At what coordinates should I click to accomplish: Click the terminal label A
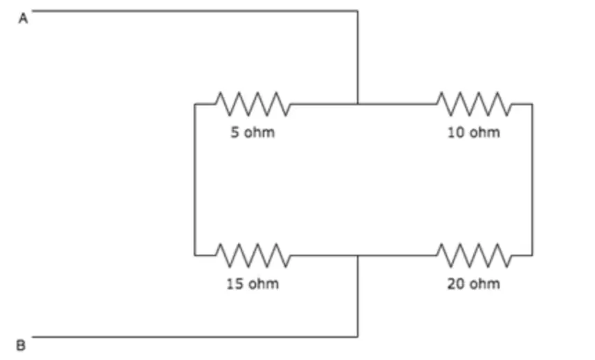pos(23,18)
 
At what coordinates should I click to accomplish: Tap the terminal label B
pos(21,345)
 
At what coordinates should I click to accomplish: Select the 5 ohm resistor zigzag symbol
pos(253,104)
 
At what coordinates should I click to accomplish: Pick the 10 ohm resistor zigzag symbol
pos(473,104)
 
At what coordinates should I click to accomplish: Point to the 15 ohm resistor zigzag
pos(253,255)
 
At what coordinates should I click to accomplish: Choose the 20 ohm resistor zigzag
pos(473,255)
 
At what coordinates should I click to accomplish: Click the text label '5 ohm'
pos(253,132)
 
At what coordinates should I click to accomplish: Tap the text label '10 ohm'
pos(473,132)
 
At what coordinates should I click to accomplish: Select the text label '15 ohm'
pos(253,284)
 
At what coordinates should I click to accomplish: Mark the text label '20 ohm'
pos(473,284)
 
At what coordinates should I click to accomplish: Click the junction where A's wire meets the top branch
pos(358,104)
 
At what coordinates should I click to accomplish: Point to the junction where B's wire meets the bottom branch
pos(358,255)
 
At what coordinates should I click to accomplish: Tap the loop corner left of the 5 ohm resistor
pos(194,104)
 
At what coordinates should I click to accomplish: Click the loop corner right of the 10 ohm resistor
pos(532,104)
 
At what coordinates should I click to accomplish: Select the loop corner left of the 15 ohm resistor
pos(194,255)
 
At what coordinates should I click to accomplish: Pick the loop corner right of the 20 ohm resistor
pos(532,255)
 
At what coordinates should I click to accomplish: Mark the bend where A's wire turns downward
pos(358,11)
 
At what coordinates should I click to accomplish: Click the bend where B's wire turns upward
pos(358,336)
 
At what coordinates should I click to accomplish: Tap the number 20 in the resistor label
pos(455,284)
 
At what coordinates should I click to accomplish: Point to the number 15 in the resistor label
pos(235,284)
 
